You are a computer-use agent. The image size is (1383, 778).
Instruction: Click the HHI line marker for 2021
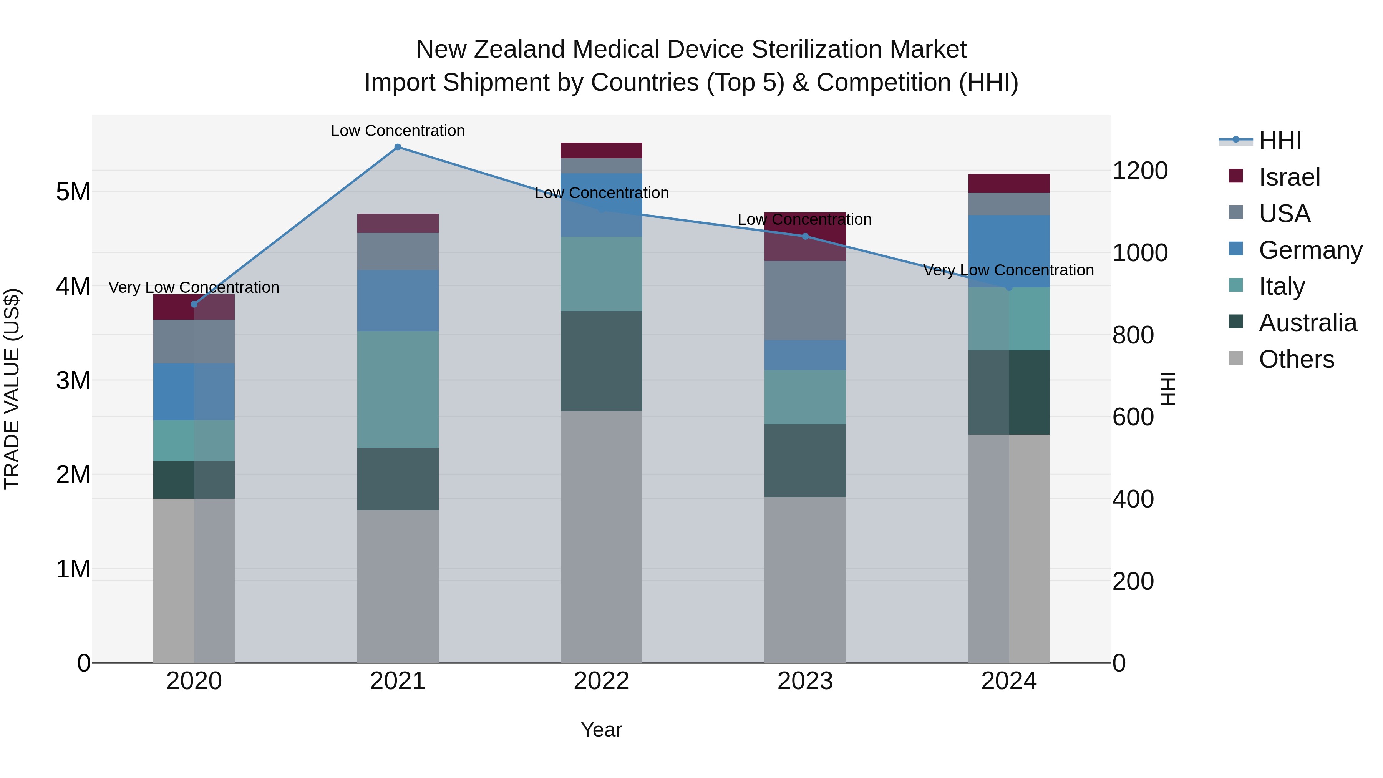(x=398, y=147)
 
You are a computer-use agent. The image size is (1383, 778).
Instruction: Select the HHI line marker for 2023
(x=805, y=236)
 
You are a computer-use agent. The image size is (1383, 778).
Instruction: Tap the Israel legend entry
(x=1289, y=177)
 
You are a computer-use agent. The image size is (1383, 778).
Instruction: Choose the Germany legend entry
(x=1310, y=250)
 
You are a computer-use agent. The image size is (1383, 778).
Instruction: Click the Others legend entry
(x=1296, y=359)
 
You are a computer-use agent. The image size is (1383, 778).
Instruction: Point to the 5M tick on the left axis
(x=73, y=192)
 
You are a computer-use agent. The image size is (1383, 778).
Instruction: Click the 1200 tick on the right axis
(x=1140, y=171)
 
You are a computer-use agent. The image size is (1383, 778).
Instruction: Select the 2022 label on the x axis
(x=601, y=681)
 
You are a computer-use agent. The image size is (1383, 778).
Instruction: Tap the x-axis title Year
(x=601, y=730)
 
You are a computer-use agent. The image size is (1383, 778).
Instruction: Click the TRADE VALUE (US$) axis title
(x=12, y=389)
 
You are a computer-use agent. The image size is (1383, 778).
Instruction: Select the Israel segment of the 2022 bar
(x=601, y=150)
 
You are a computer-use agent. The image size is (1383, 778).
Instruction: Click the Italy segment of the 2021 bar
(x=398, y=389)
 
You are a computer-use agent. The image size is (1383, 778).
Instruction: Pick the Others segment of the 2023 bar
(x=805, y=580)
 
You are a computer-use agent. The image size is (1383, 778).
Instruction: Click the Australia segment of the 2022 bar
(x=601, y=362)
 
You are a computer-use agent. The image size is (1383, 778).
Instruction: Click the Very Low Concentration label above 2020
(x=194, y=287)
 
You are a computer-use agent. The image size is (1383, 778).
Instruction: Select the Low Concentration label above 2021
(x=398, y=131)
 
